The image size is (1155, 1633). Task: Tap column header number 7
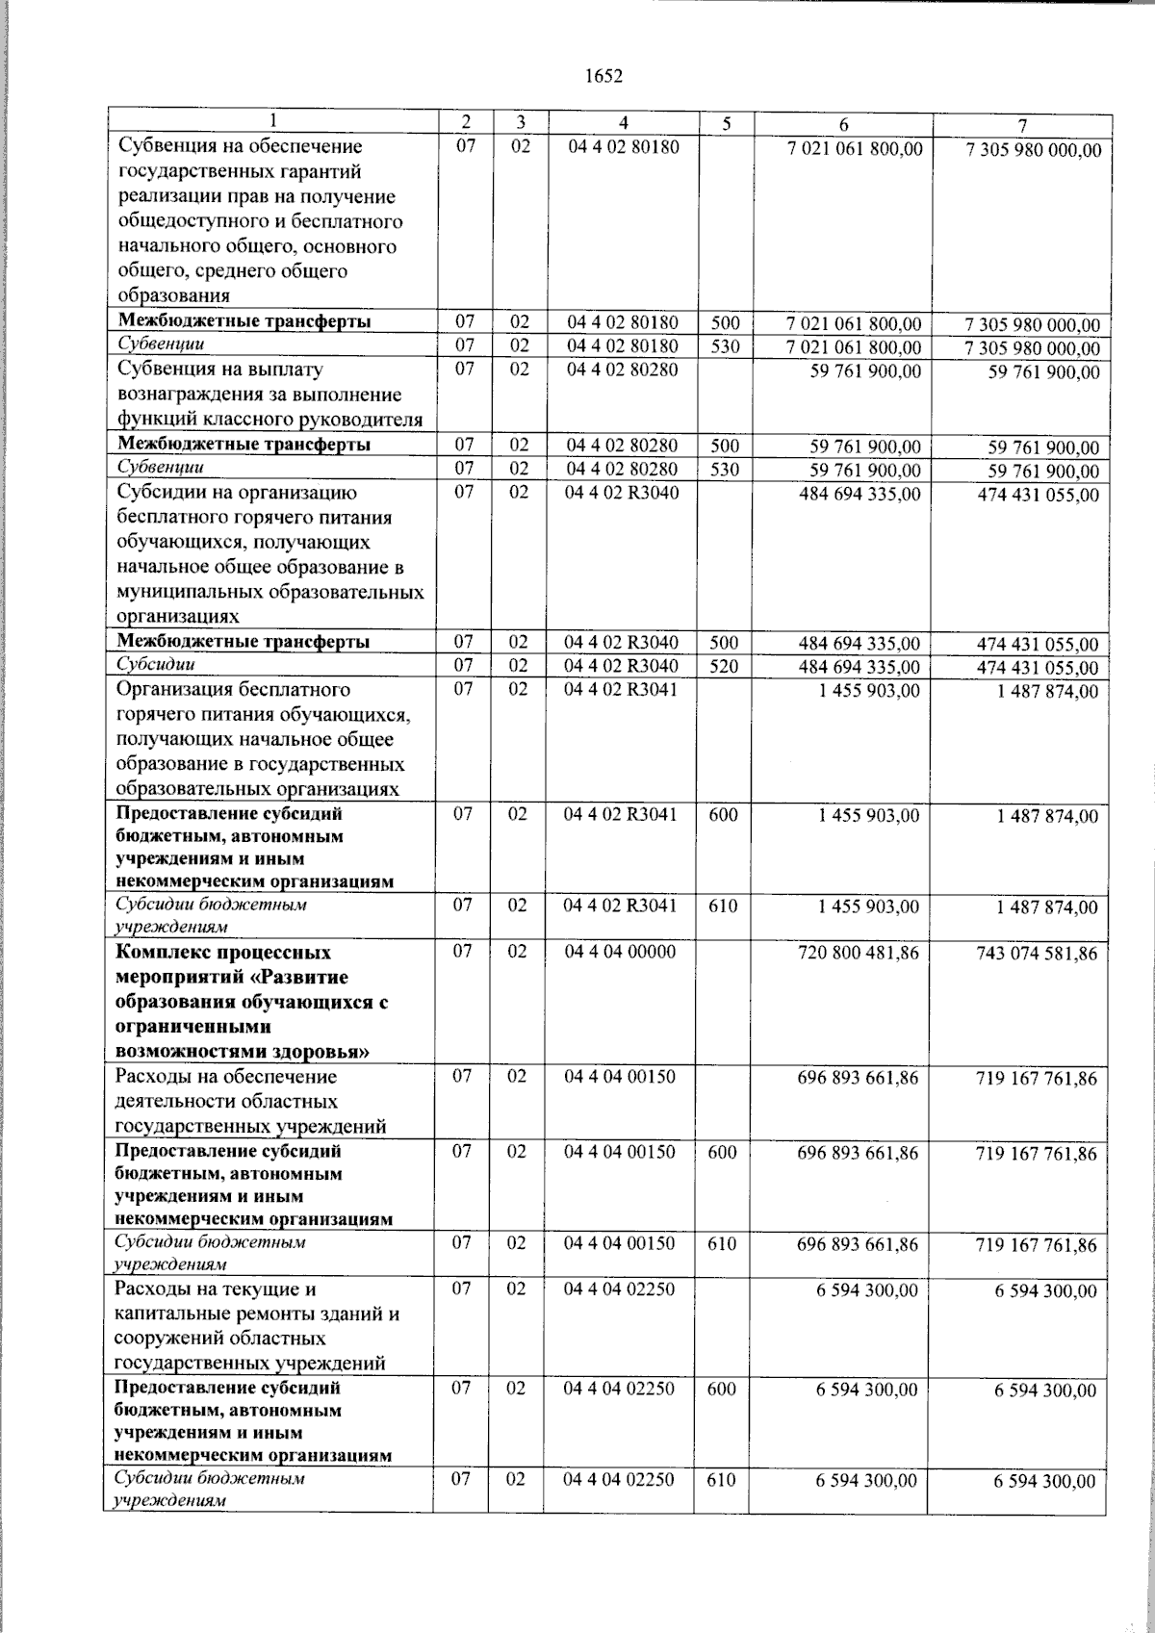(1023, 125)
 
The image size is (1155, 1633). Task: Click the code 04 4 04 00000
(620, 952)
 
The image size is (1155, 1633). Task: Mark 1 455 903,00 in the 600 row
(869, 815)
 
